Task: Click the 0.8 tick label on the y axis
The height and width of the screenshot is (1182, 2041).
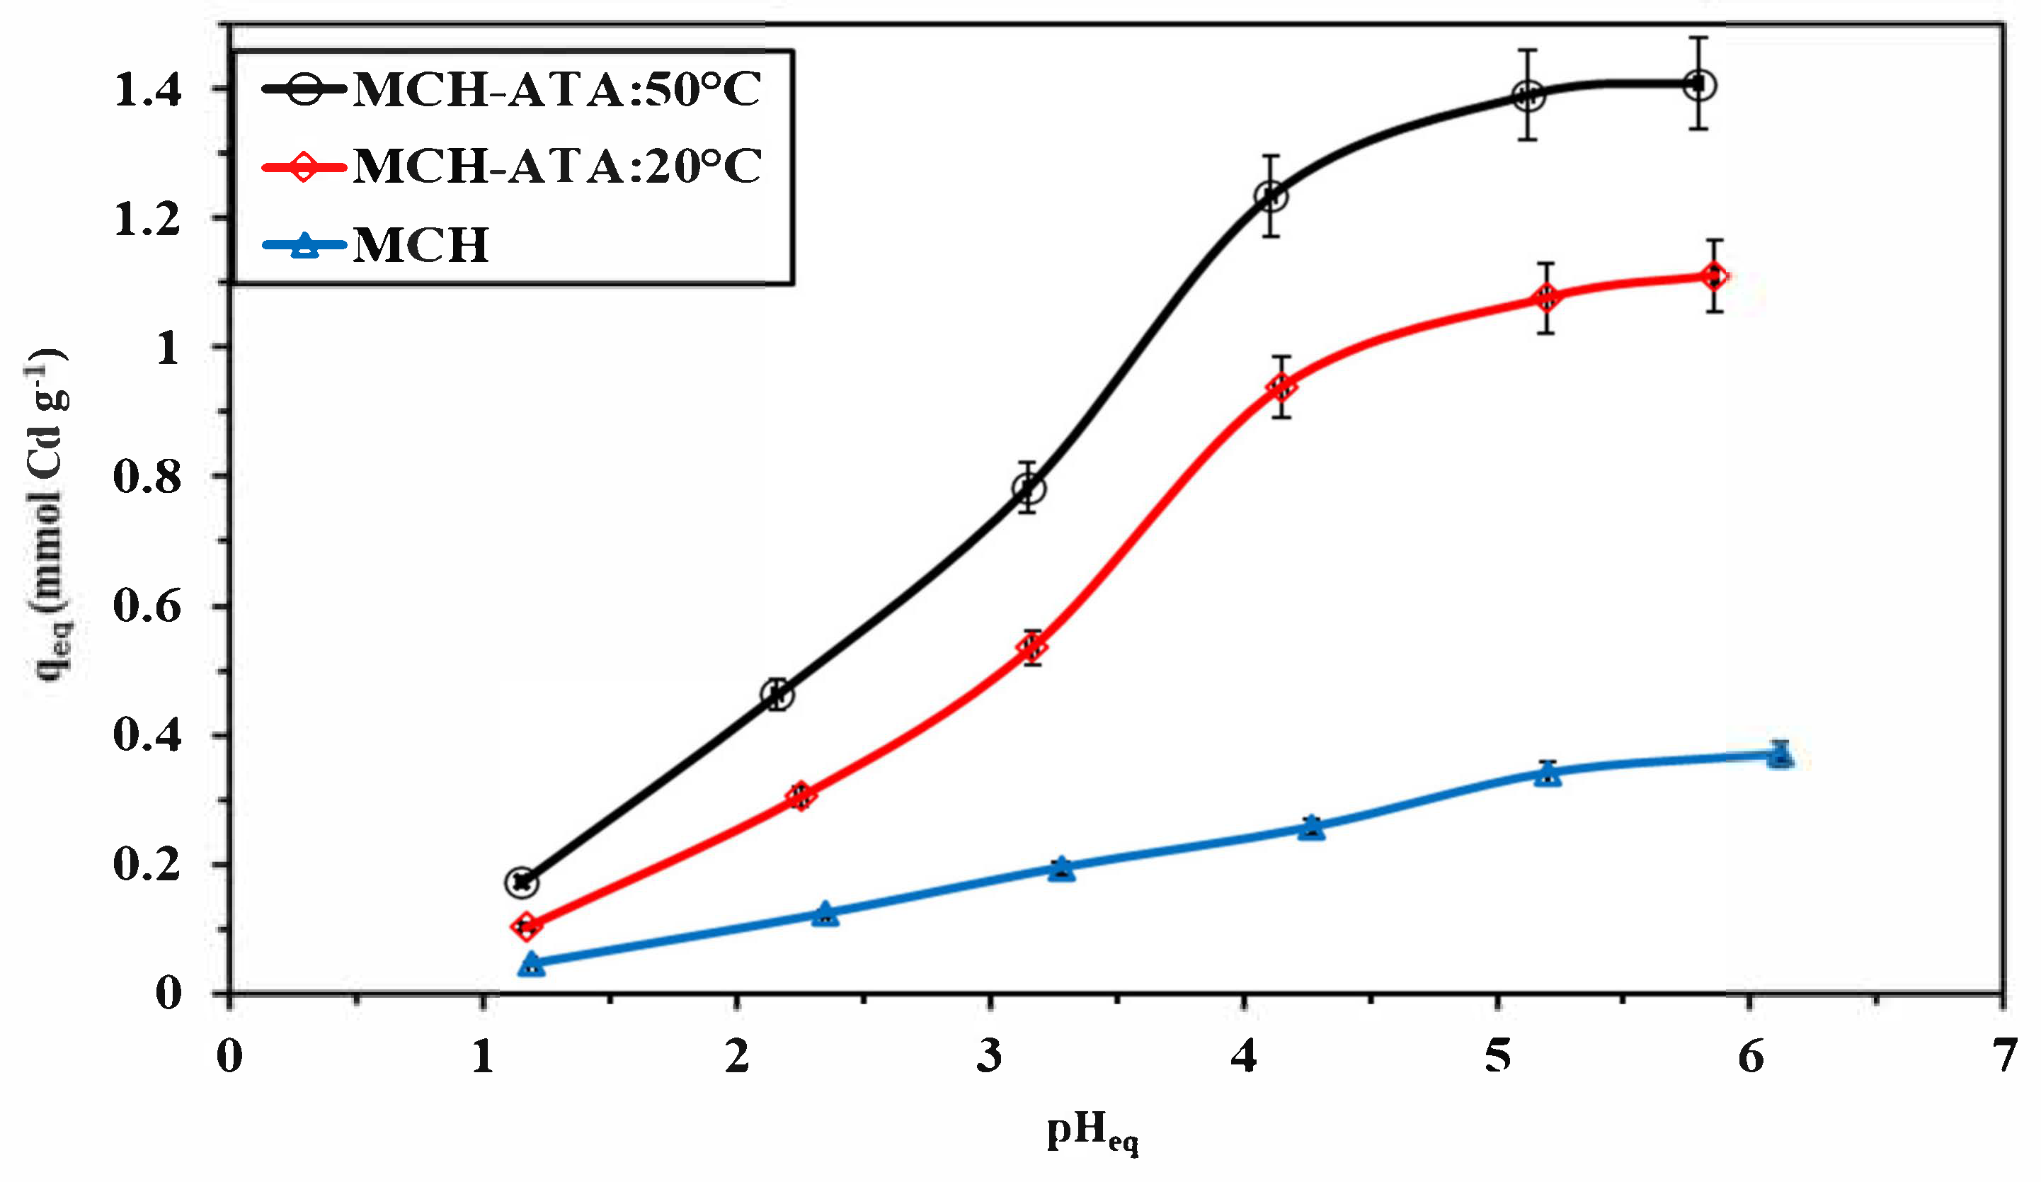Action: [147, 477]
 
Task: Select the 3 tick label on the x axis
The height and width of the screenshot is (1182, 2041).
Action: [989, 1057]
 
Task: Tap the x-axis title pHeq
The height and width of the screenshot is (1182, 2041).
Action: [1092, 1132]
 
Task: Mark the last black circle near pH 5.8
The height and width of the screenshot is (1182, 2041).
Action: [1698, 84]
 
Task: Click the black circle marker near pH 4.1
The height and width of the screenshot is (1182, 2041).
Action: [1271, 196]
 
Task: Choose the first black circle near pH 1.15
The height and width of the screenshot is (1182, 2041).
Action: [522, 882]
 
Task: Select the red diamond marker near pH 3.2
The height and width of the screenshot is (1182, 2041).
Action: [1033, 647]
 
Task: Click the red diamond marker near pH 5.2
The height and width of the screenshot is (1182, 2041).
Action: [1545, 298]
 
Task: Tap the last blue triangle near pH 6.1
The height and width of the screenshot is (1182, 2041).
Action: [1779, 755]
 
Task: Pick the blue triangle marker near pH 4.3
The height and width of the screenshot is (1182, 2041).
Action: [1312, 828]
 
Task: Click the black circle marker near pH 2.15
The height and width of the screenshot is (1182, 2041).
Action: [777, 694]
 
